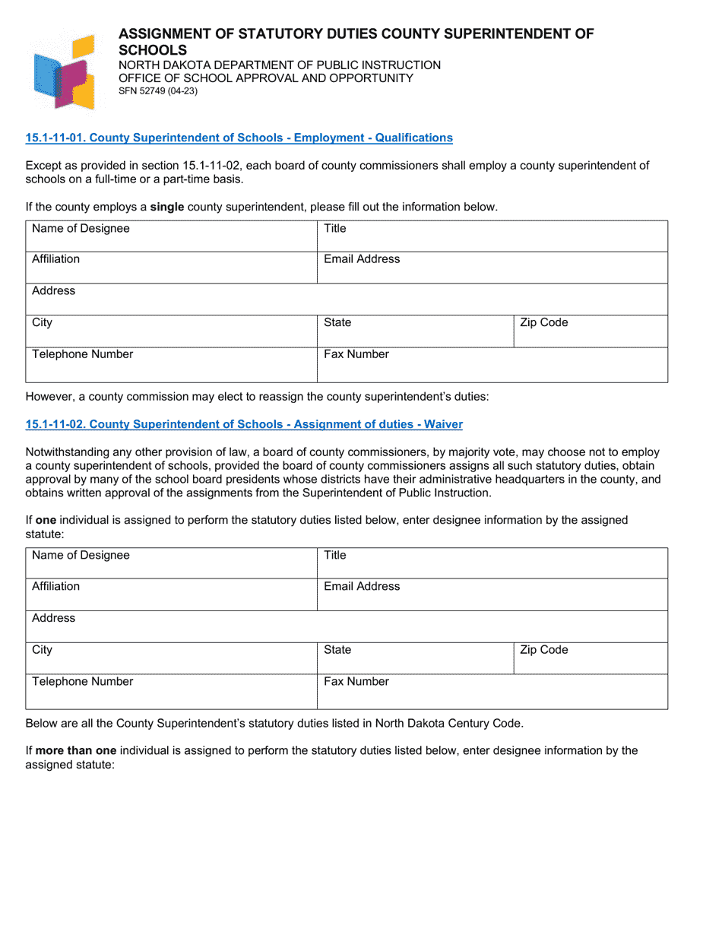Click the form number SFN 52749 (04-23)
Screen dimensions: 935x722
point(158,91)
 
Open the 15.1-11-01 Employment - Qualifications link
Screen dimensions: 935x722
point(239,138)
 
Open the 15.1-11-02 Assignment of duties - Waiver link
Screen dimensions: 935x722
point(244,424)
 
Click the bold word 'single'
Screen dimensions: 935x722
point(166,207)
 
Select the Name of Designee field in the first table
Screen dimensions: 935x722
point(171,236)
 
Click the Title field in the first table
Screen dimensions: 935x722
point(492,236)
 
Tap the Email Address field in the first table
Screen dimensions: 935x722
point(492,268)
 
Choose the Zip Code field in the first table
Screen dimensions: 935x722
point(591,331)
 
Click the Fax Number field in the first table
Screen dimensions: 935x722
point(492,364)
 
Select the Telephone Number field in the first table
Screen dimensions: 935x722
point(171,364)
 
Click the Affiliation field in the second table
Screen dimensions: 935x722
point(171,594)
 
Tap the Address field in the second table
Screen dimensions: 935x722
point(347,626)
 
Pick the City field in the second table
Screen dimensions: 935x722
point(171,658)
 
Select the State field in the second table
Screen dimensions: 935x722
point(415,658)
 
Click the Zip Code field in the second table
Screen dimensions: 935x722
point(591,658)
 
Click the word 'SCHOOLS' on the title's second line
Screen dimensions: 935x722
point(152,50)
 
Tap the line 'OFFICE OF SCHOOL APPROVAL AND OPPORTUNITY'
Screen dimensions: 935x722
point(266,78)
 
